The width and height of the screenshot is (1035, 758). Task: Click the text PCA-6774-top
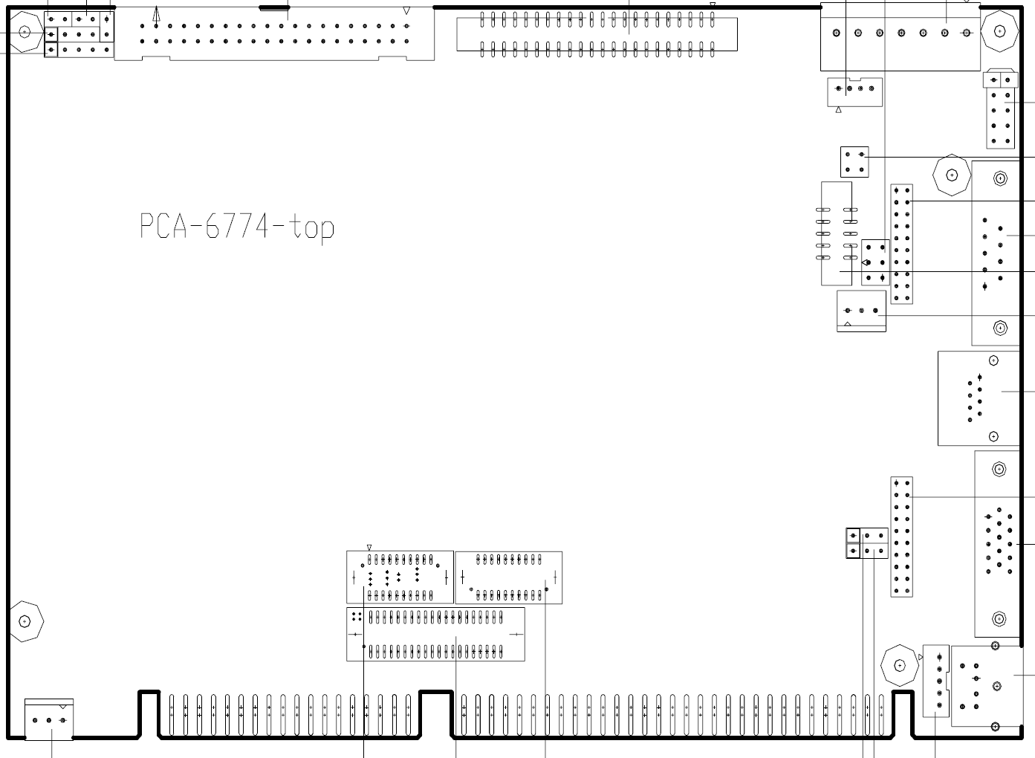tap(237, 227)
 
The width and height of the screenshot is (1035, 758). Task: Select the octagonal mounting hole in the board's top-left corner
tap(25, 32)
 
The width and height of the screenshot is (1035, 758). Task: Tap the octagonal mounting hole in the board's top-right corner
tap(999, 31)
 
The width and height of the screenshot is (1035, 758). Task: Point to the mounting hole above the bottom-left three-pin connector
tap(25, 621)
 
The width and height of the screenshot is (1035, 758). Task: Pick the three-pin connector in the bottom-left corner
tap(49, 719)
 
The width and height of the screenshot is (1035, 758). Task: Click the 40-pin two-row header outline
tap(274, 33)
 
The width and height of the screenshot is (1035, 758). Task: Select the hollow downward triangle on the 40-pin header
tap(406, 10)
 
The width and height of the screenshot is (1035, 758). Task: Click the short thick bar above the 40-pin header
tap(274, 7)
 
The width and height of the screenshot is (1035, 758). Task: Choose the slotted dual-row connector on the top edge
tap(597, 33)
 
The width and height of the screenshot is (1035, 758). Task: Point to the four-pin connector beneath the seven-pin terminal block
tap(855, 91)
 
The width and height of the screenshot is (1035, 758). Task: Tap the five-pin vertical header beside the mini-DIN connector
tap(936, 681)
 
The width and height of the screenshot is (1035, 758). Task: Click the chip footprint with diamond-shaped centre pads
tap(400, 577)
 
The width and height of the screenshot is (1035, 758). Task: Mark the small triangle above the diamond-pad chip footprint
tap(369, 548)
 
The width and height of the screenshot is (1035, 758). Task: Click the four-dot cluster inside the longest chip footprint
tap(357, 617)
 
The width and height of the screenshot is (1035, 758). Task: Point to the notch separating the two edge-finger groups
tap(436, 713)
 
